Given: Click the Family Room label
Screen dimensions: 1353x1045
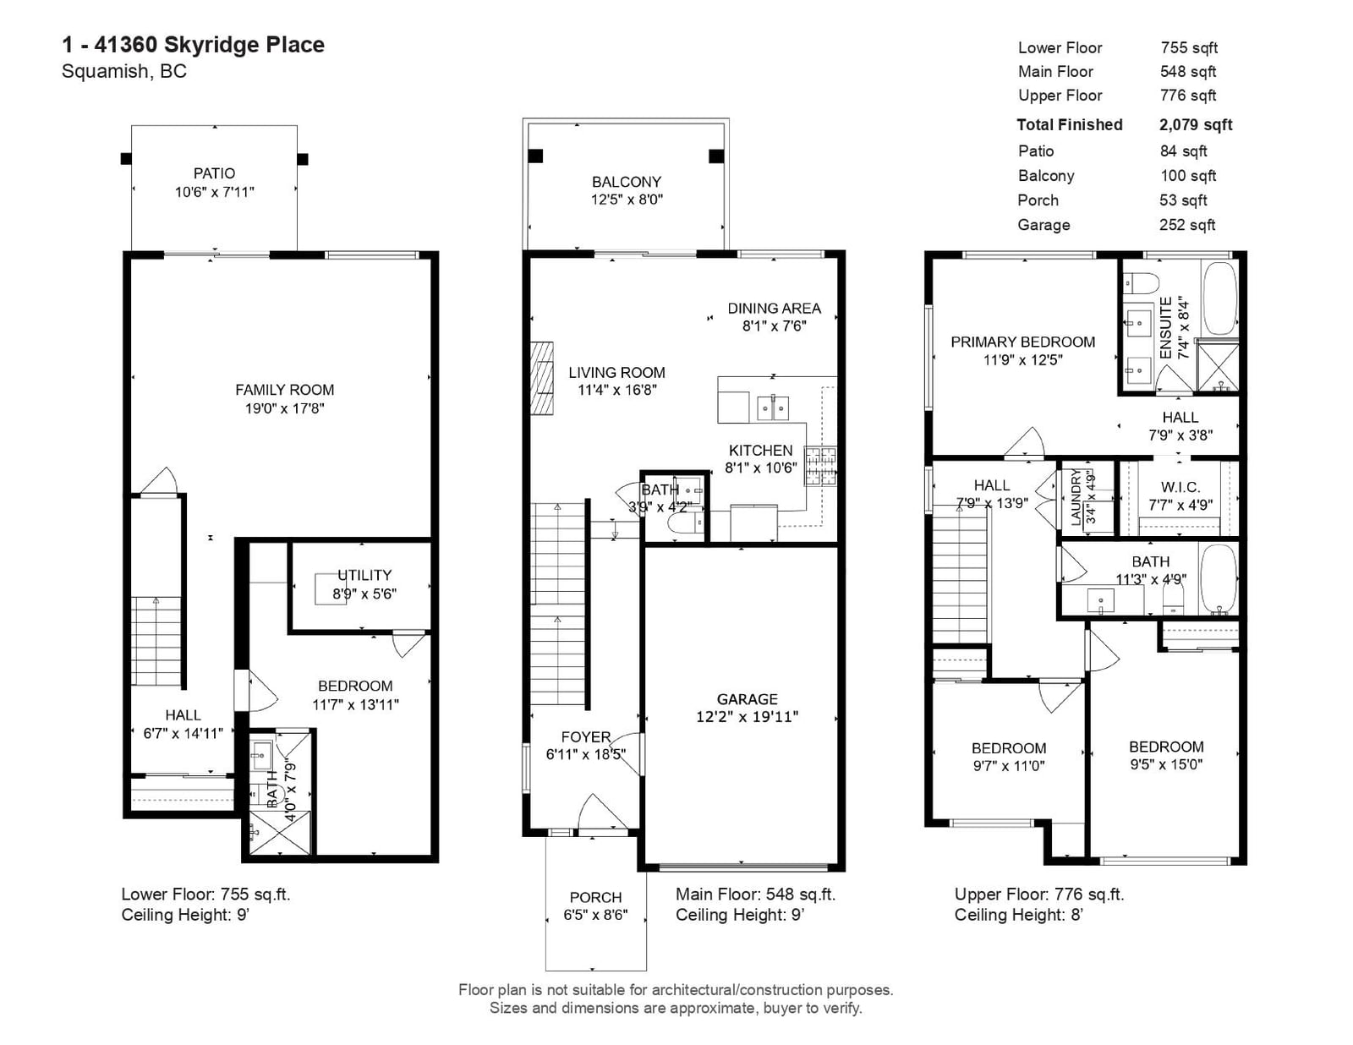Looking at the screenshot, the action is coord(284,390).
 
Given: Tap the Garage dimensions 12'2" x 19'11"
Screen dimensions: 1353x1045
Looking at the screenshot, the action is coord(748,717).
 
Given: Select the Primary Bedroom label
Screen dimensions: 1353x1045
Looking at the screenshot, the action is coord(1023,342).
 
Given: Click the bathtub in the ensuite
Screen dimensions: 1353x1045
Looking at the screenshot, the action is coord(1219,299).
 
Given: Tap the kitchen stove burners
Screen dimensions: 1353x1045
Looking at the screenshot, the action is coord(820,466).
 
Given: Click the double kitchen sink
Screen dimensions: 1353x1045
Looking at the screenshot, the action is coord(773,408).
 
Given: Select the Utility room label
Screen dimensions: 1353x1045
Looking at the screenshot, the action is coord(364,575).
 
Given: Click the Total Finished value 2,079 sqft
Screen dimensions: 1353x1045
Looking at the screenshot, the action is coord(1196,124).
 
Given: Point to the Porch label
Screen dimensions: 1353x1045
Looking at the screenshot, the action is coord(596,897).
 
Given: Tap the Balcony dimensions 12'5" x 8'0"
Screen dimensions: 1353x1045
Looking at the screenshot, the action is coord(627,200).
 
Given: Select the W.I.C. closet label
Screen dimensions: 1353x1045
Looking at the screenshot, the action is coord(1180,487).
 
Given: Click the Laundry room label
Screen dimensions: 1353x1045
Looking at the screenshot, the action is coord(1076,498).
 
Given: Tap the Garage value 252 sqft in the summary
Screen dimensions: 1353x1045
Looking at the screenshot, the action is coord(1186,225).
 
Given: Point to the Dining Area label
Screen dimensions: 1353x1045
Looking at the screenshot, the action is coord(774,308).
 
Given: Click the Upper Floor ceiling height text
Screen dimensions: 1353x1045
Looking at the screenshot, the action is coord(1019,915).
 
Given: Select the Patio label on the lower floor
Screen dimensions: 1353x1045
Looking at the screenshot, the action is coord(214,173).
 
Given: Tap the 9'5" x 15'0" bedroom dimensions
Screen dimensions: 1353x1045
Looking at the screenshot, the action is coord(1166,764).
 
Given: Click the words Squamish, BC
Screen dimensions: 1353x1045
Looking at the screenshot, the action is coord(124,71).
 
